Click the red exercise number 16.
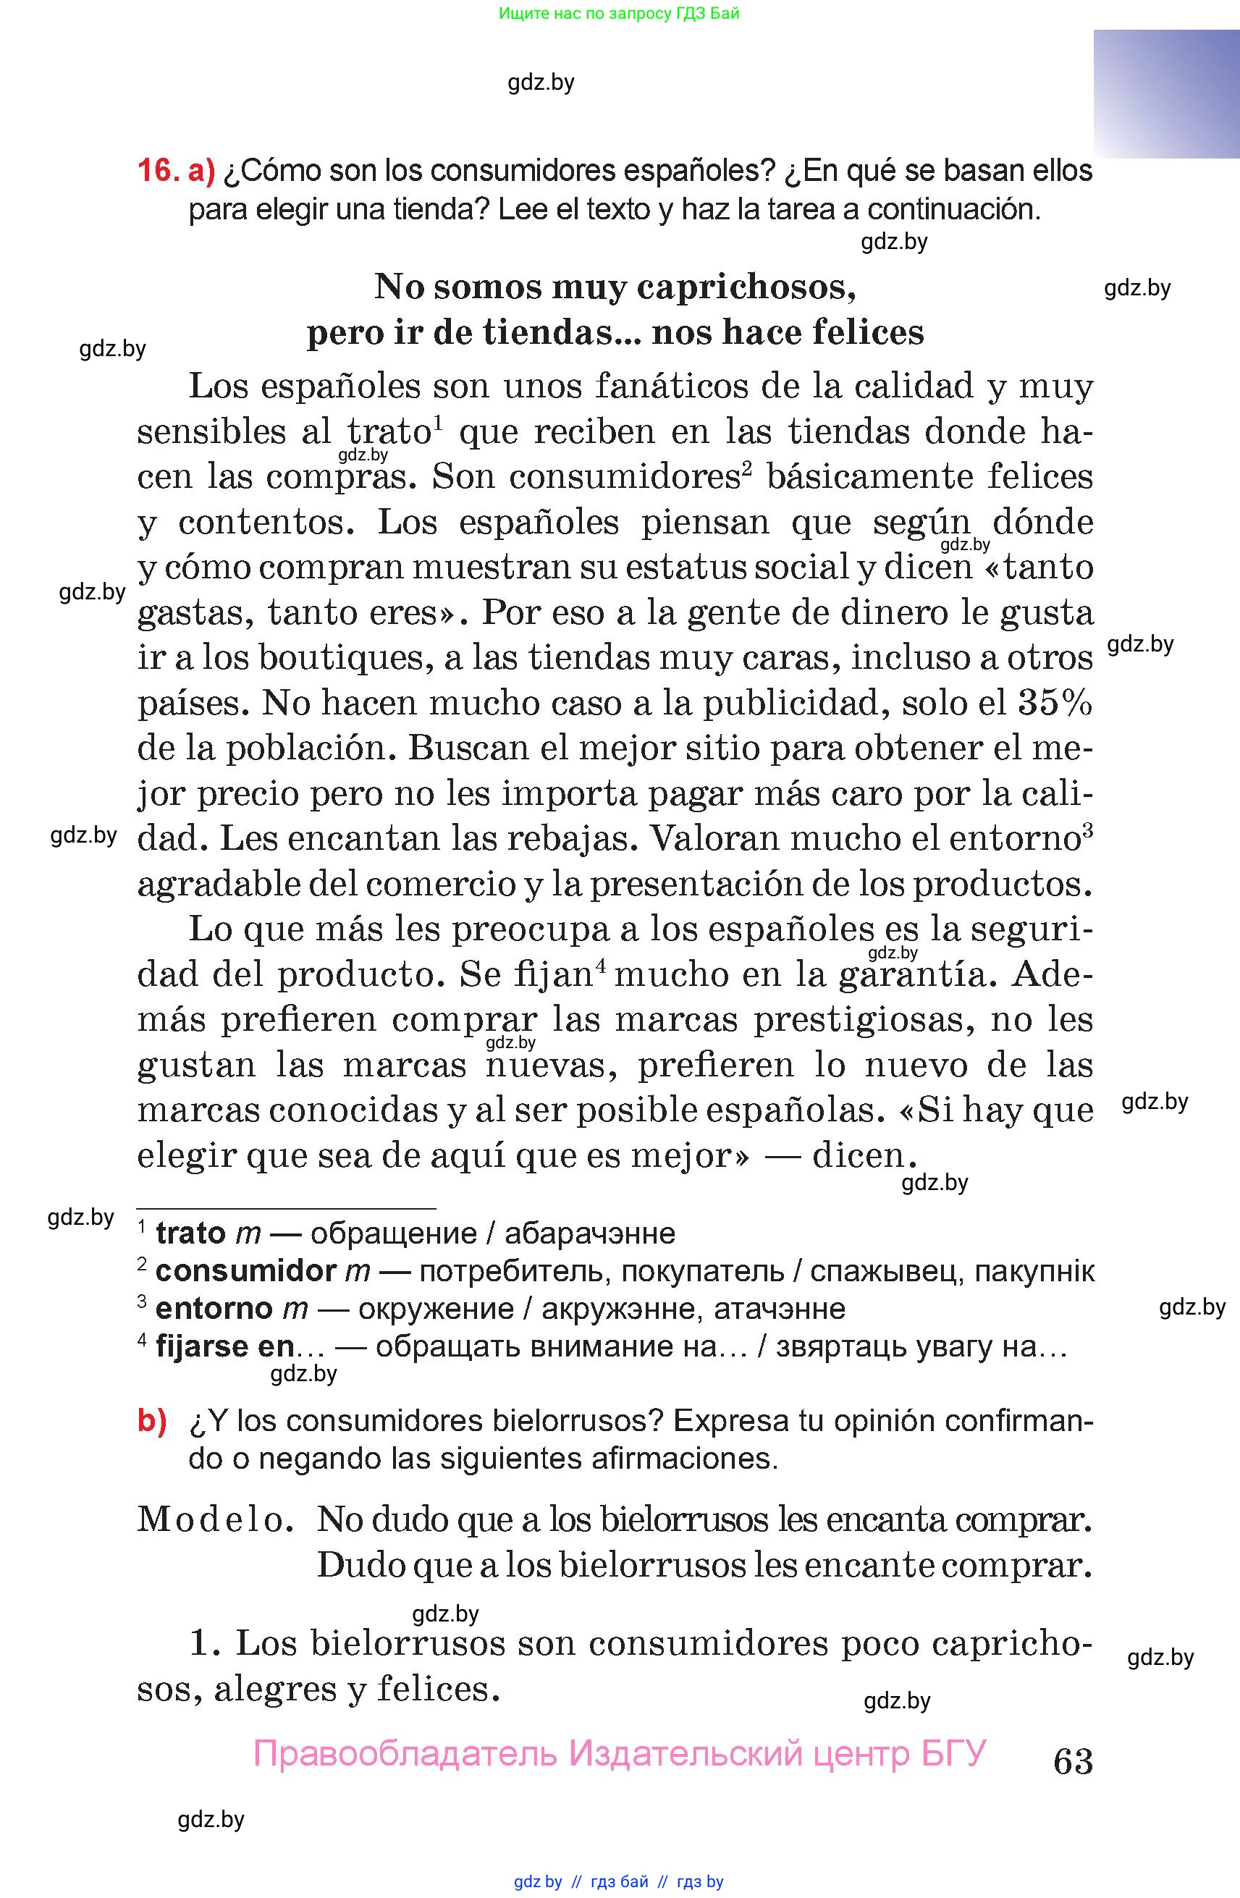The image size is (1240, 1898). [156, 171]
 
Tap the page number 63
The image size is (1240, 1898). [1073, 1762]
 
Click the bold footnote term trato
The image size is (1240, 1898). [190, 1233]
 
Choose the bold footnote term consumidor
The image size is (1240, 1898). [245, 1271]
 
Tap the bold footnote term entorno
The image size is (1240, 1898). [214, 1309]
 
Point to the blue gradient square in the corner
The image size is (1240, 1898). [1166, 94]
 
